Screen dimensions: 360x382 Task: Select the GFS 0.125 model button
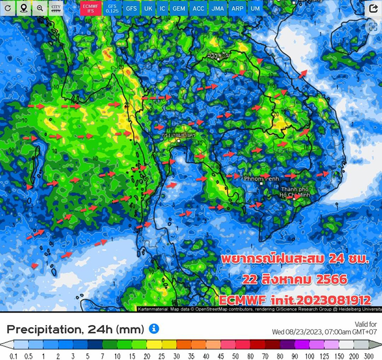(x=112, y=8)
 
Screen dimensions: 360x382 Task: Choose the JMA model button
(x=217, y=9)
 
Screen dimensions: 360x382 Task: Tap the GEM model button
(x=179, y=9)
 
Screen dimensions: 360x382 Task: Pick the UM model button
(x=255, y=9)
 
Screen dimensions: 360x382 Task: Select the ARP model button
(x=236, y=9)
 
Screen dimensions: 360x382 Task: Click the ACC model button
(x=198, y=9)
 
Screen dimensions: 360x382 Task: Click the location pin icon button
(x=23, y=8)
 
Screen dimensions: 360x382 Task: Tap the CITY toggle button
(x=56, y=8)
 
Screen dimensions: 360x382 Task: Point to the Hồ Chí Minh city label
(x=297, y=191)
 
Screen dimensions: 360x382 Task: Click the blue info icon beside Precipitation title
(x=154, y=328)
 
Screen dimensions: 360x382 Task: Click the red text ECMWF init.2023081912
(x=295, y=300)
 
